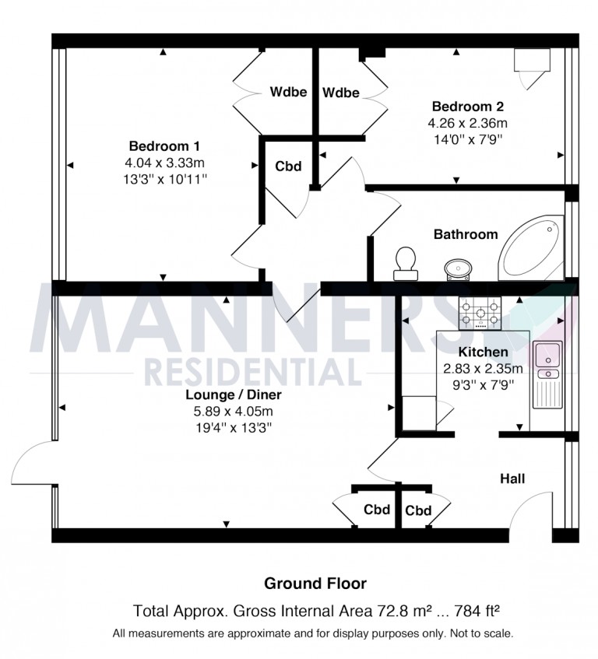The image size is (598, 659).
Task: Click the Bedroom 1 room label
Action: coord(164,146)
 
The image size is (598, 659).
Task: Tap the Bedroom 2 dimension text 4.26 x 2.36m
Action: coord(468,123)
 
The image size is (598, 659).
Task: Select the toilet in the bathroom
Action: coord(406,264)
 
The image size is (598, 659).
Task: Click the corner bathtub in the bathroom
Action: coord(531,248)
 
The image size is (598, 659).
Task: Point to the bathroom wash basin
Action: coord(459,269)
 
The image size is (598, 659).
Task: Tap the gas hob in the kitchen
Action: coord(480,313)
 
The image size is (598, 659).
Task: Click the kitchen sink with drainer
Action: coord(547,374)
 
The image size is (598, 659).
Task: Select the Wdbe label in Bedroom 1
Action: coord(288,92)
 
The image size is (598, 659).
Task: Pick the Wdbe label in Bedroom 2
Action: coord(341,93)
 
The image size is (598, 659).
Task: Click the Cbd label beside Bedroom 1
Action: coord(288,167)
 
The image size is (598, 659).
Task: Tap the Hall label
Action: coord(512,478)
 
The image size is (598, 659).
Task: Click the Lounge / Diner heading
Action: coord(234,394)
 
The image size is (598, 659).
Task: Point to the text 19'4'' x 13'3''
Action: coord(234,428)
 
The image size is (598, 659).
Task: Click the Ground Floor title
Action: coord(315,584)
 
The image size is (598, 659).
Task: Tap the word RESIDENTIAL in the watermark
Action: coord(253,372)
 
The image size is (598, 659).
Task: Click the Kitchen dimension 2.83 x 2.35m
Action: coord(484,369)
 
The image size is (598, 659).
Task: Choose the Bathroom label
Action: coord(466,234)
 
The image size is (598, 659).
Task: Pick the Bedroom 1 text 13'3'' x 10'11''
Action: coord(165,180)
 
